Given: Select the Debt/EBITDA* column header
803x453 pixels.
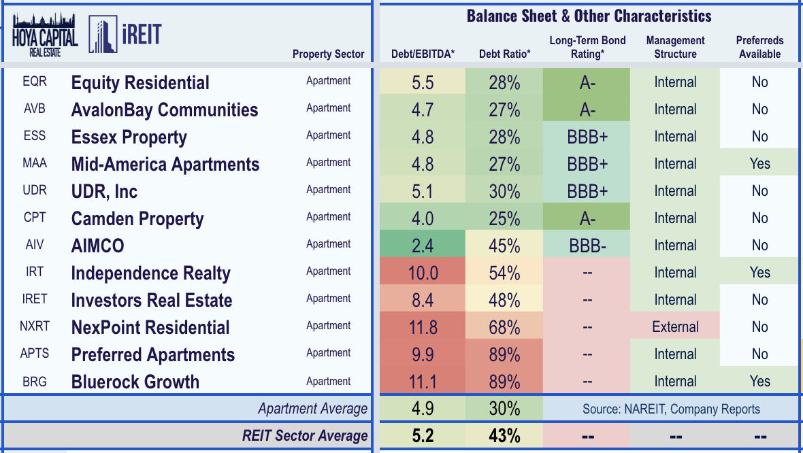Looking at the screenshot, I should (423, 54).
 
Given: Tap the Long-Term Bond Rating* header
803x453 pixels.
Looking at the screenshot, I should (587, 47).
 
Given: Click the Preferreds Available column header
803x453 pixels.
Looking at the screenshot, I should (759, 47).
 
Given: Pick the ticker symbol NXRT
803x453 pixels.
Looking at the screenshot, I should (34, 326).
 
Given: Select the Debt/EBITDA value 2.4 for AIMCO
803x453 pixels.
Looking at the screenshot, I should (423, 246).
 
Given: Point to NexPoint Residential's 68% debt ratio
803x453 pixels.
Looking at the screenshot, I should (504, 327).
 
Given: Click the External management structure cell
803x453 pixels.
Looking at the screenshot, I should (675, 327).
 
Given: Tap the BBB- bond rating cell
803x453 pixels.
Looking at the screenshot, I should (587, 246).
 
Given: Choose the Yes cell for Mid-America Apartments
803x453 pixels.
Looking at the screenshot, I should (759, 164).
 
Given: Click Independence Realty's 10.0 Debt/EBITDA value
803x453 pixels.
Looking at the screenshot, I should (423, 273).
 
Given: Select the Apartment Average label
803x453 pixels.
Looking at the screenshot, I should (312, 409).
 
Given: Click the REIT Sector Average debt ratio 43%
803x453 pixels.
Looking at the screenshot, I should (504, 436).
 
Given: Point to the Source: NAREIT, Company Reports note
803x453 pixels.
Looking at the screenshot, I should (671, 409).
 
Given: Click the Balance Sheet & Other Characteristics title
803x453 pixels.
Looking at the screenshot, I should (589, 16).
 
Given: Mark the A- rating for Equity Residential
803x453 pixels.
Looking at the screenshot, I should (587, 82).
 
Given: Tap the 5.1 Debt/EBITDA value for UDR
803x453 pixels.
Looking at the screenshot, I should (423, 191).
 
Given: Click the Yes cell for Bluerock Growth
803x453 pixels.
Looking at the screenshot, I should (759, 382).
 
